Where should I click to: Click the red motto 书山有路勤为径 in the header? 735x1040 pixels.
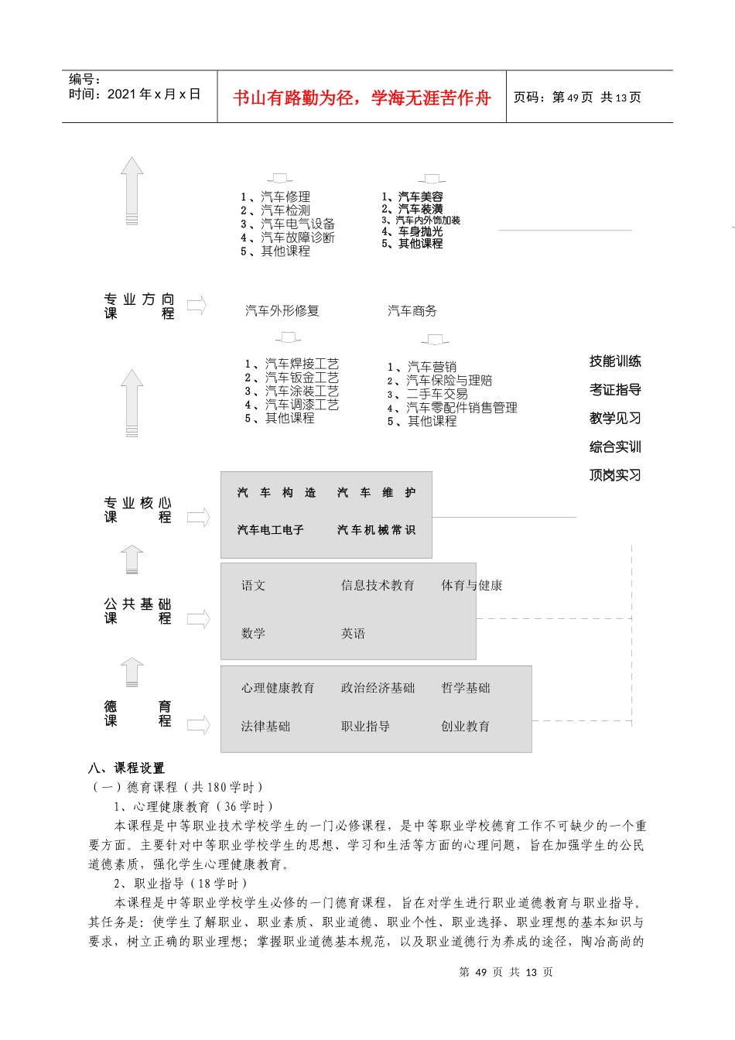coord(361,97)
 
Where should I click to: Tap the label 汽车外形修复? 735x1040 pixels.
coord(282,311)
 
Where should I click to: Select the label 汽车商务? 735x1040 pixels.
coord(412,311)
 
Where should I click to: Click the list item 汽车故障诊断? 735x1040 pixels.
coord(297,238)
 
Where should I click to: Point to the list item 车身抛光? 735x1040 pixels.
coord(420,231)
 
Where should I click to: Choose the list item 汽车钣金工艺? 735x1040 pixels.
coord(301,378)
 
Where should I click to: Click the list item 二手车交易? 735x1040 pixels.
coord(436,394)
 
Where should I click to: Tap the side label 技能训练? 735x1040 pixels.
coord(615,361)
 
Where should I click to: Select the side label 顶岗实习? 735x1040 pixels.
coord(615,475)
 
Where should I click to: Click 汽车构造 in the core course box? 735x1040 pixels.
coord(276,493)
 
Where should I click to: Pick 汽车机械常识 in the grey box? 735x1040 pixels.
coord(376,530)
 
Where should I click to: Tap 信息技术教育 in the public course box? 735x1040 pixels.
coord(378,586)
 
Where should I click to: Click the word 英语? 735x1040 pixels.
coord(353,634)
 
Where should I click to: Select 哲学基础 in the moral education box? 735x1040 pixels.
coord(465,688)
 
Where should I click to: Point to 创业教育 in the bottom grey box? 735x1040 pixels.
coord(465,727)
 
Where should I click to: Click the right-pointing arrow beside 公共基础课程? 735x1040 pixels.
coord(198,619)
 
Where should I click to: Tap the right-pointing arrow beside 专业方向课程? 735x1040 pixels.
coord(197,306)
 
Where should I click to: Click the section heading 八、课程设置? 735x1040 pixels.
coord(126,768)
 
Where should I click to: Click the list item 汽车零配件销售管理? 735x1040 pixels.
coord(461,408)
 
